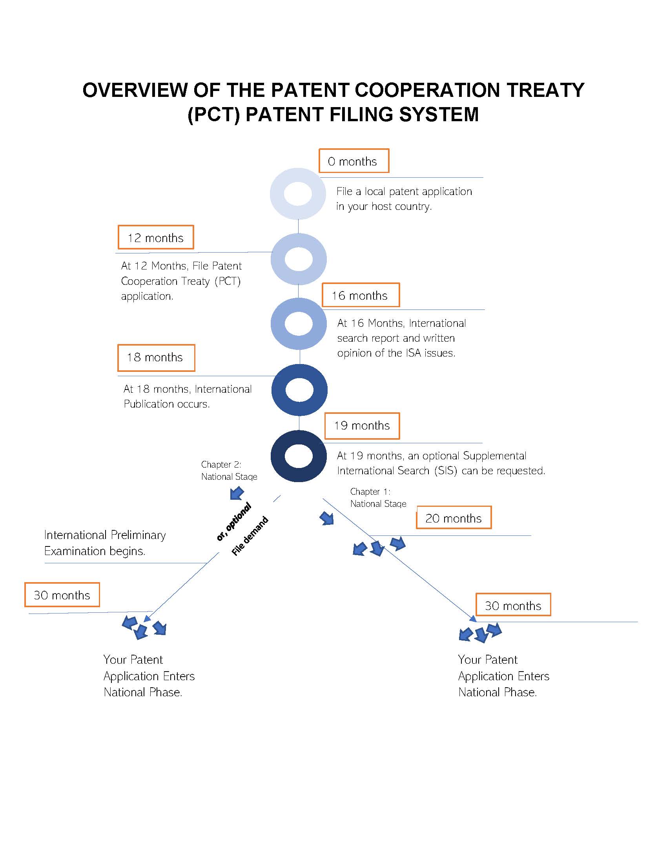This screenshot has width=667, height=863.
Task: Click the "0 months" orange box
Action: (x=354, y=161)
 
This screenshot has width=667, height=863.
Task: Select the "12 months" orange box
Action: (x=156, y=237)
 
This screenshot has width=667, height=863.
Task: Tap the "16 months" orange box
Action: (x=360, y=295)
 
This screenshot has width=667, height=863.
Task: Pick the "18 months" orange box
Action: (x=156, y=358)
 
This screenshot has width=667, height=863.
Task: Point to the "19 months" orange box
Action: (x=362, y=426)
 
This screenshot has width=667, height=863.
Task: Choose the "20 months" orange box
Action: (x=454, y=518)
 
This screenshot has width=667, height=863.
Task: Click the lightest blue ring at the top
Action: (x=298, y=194)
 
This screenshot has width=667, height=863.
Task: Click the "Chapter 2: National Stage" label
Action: (x=229, y=470)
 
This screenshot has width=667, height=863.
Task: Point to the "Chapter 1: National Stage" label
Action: (x=378, y=497)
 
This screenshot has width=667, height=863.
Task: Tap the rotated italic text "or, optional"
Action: (x=234, y=522)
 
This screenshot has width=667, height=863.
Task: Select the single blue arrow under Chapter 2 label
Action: (x=237, y=493)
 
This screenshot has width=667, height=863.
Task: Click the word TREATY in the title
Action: (x=545, y=90)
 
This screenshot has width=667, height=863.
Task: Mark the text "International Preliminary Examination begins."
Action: (x=105, y=543)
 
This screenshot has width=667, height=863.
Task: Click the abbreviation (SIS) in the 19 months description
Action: (x=445, y=471)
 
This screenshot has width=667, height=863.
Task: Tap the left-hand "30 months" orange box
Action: (x=62, y=595)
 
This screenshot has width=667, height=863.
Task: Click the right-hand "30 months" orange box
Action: (x=513, y=605)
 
